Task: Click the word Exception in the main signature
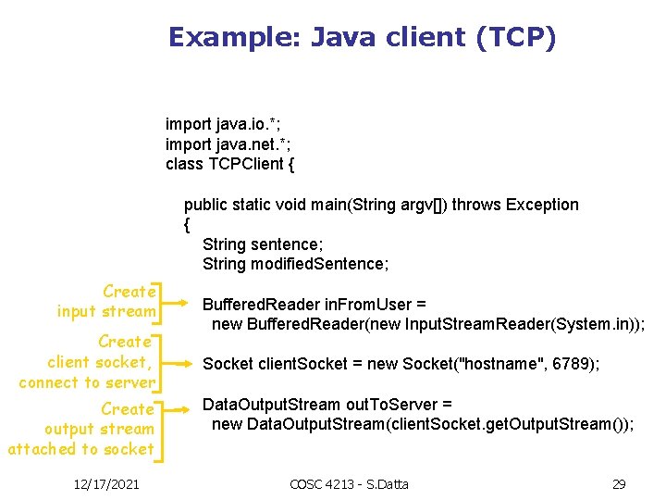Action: [543, 205]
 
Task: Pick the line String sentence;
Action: [263, 244]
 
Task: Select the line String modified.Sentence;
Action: [296, 265]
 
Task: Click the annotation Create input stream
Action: [106, 302]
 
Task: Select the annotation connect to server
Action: [87, 382]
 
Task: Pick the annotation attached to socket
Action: [80, 449]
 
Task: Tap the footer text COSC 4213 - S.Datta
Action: [349, 484]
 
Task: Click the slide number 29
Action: [619, 484]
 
